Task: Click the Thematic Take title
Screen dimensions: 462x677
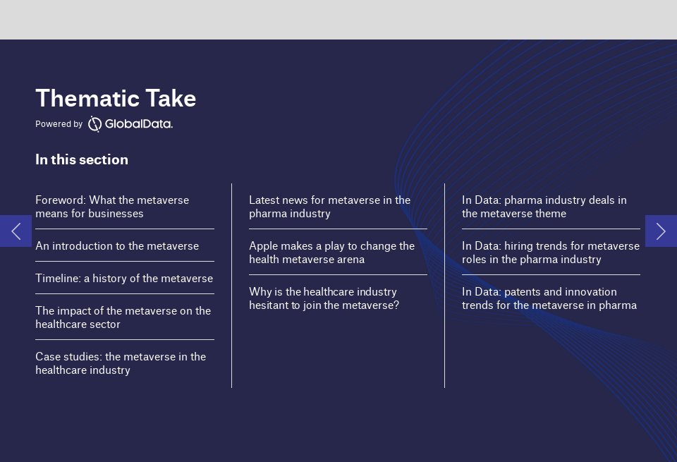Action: point(116,99)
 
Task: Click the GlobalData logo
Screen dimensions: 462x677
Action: point(130,124)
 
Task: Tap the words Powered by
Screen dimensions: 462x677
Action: point(59,124)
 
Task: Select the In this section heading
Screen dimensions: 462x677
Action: point(82,159)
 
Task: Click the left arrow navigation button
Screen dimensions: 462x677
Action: point(16,231)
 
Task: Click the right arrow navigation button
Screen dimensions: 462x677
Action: point(661,231)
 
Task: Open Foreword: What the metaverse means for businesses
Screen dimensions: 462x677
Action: point(112,207)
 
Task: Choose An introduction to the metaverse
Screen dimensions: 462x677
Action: point(117,246)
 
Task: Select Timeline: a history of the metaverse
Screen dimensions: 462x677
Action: point(124,279)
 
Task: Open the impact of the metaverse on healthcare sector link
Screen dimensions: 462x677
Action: point(123,317)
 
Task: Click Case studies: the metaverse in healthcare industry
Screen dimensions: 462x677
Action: point(121,363)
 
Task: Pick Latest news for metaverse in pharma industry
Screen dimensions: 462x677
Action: point(329,207)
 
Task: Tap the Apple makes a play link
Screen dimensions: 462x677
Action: point(331,253)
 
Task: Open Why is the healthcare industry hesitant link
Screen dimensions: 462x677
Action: point(324,298)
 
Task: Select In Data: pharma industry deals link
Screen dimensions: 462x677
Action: point(544,207)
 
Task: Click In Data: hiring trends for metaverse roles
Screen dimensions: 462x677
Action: point(550,253)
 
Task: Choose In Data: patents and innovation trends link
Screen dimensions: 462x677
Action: point(549,298)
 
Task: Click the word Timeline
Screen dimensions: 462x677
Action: point(57,279)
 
